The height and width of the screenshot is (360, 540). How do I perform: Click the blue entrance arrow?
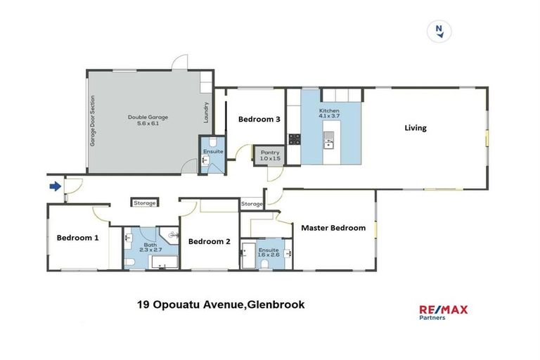(55, 186)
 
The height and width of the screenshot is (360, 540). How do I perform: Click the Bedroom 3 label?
(259, 120)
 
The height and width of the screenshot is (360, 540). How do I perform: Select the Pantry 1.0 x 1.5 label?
(270, 155)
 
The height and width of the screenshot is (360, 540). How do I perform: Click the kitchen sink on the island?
(328, 144)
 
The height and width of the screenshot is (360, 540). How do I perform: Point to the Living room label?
(415, 128)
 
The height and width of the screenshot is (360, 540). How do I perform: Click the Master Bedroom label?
(333, 228)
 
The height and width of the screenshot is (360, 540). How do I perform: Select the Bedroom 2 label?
(209, 241)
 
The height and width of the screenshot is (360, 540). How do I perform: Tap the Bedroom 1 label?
(77, 238)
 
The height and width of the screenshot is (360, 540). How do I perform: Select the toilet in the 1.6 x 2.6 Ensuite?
(264, 264)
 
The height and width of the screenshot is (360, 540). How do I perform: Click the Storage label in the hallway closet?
(145, 203)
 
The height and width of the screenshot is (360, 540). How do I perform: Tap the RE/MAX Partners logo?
(443, 312)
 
